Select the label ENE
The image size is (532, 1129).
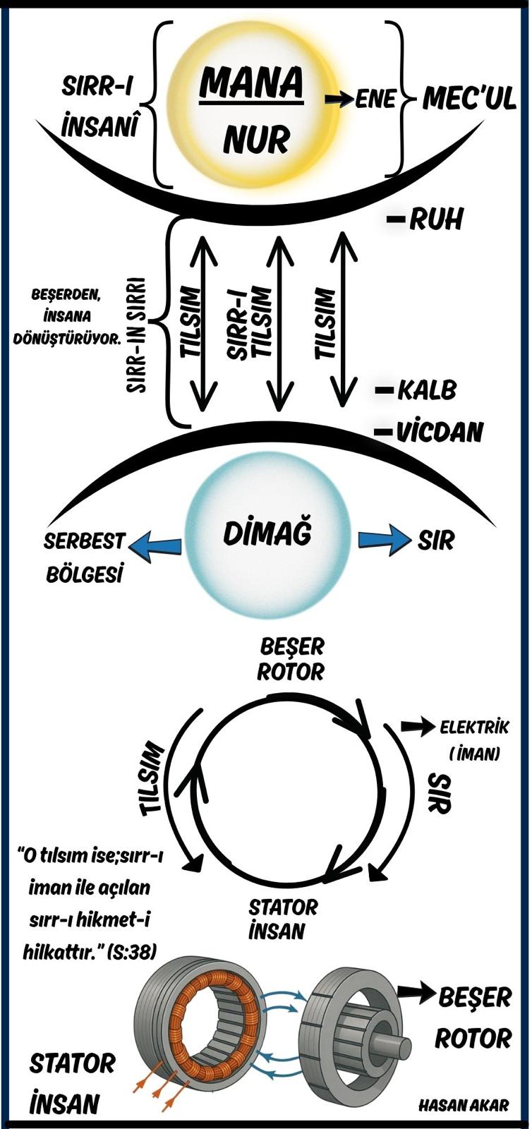(375, 99)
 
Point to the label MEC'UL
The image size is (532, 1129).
(468, 100)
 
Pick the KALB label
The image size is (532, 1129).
(426, 390)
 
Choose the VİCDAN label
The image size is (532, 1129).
(438, 432)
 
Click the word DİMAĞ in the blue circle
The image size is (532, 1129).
(267, 534)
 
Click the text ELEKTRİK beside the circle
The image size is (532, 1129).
(473, 727)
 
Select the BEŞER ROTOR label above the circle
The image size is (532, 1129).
(291, 658)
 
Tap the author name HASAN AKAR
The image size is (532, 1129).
(463, 1105)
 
